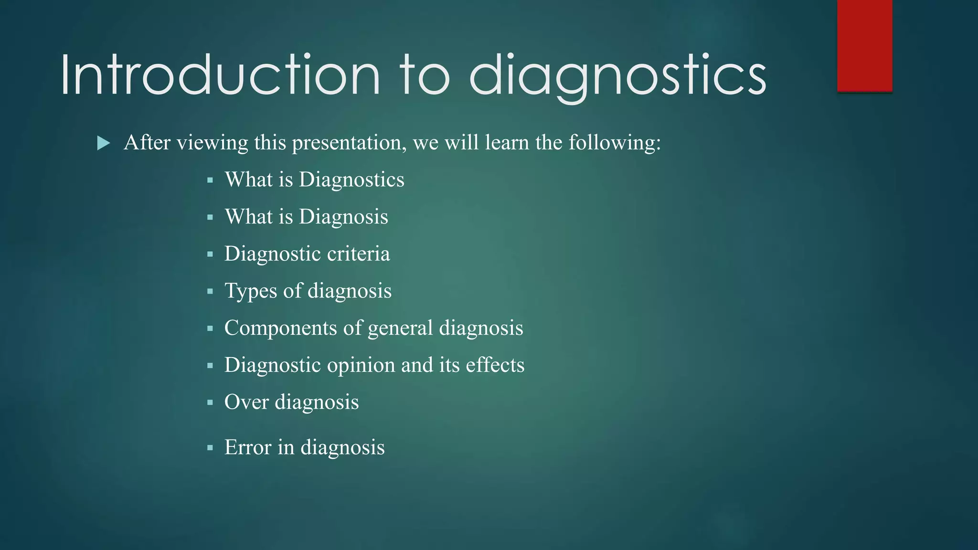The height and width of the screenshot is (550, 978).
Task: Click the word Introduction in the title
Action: [220, 75]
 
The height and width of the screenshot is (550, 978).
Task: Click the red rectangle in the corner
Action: [864, 45]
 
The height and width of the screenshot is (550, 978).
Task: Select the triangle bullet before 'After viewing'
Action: [103, 143]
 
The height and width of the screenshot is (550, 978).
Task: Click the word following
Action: [615, 143]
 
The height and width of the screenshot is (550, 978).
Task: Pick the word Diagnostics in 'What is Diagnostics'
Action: [351, 180]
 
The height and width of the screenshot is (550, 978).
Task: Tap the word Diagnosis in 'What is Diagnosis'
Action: [343, 217]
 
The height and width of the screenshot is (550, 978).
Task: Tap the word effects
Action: [495, 365]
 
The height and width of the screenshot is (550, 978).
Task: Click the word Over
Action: [246, 402]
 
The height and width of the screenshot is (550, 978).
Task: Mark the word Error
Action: [248, 447]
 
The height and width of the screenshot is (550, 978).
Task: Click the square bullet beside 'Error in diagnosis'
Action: [210, 448]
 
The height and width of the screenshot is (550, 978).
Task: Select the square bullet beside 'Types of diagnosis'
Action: [210, 291]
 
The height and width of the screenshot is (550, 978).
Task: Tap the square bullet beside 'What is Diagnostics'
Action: [210, 180]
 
